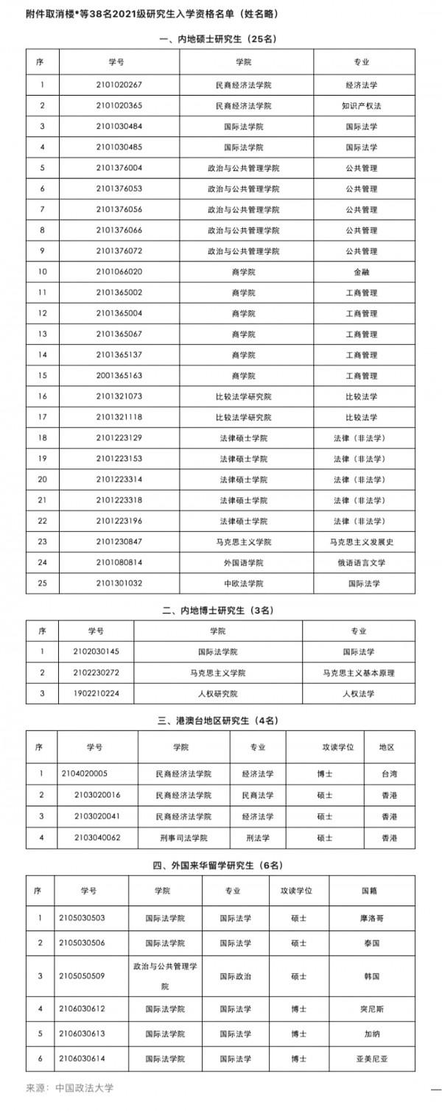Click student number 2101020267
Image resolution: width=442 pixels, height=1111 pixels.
(119, 84)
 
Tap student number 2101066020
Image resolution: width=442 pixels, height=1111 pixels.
(119, 272)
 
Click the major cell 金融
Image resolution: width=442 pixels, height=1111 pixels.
(361, 272)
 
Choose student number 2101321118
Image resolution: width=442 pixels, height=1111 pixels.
(119, 417)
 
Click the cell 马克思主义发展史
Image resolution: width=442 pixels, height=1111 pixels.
(362, 542)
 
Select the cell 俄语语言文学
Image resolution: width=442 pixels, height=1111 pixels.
(361, 563)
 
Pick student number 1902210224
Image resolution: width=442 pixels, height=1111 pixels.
(97, 693)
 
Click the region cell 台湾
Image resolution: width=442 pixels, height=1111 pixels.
(390, 774)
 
